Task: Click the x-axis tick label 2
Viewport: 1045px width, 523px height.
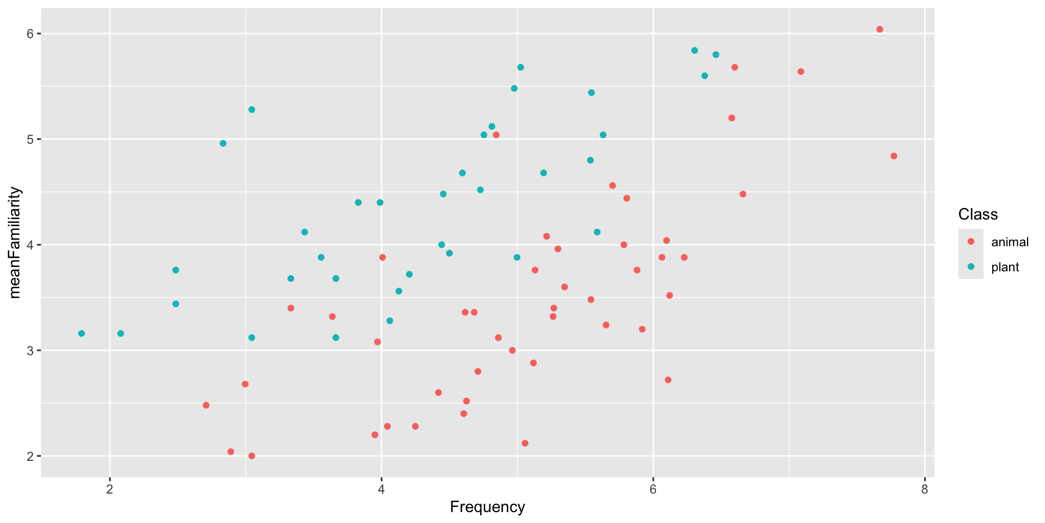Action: pyautogui.click(x=110, y=490)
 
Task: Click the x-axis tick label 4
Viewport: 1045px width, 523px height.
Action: pyautogui.click(x=381, y=490)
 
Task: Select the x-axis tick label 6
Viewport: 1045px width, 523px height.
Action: pyautogui.click(x=653, y=490)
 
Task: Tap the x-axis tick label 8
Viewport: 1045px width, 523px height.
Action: pyautogui.click(x=924, y=490)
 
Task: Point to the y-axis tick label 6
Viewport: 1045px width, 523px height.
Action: pyautogui.click(x=30, y=34)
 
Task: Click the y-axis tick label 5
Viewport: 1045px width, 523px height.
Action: pyautogui.click(x=30, y=139)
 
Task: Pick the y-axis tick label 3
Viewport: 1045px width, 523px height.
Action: pyautogui.click(x=30, y=350)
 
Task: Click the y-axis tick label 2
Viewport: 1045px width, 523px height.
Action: pyautogui.click(x=30, y=456)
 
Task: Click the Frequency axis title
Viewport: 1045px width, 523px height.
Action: pyautogui.click(x=487, y=507)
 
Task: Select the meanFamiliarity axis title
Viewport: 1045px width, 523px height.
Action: pyautogui.click(x=15, y=243)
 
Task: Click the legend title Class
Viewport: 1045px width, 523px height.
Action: pyautogui.click(x=978, y=215)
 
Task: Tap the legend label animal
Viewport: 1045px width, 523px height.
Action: pyautogui.click(x=1010, y=242)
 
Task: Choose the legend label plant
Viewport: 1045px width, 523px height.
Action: pyautogui.click(x=1005, y=267)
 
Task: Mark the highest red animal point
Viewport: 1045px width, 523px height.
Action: pyautogui.click(x=880, y=29)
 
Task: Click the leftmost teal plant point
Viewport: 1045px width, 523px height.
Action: pyautogui.click(x=82, y=333)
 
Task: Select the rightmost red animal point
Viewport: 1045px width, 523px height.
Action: pyautogui.click(x=894, y=156)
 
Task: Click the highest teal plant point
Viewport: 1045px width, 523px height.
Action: pyautogui.click(x=694, y=51)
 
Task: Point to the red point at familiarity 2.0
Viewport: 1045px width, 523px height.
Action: pyautogui.click(x=251, y=456)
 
